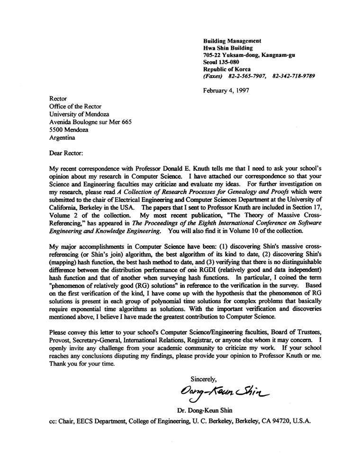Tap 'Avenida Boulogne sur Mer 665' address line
tap(90, 122)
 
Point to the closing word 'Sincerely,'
tap(203, 379)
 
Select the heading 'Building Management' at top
tap(232, 41)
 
